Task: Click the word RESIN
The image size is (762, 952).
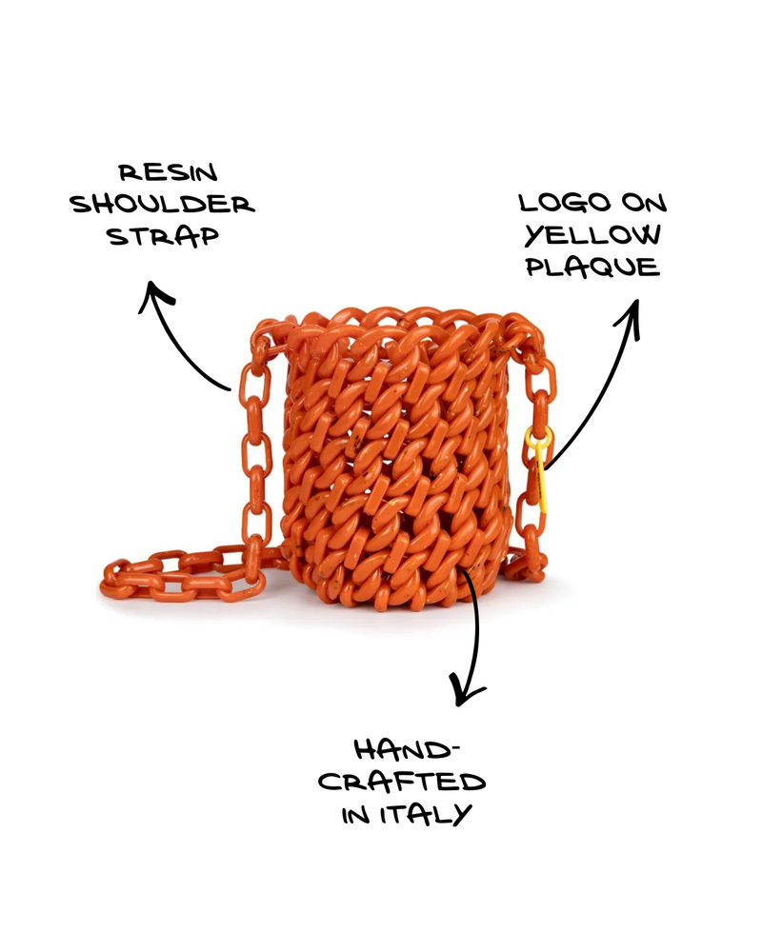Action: coord(168,172)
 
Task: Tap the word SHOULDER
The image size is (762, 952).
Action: coord(162,204)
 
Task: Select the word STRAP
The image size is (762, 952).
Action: coord(163,236)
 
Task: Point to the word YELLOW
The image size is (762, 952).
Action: coord(592,234)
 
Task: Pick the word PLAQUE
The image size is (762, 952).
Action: coord(592,267)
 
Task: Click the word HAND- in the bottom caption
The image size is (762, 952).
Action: coord(404,750)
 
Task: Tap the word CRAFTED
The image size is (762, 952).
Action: coord(402,782)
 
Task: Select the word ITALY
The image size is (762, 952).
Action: coord(426,814)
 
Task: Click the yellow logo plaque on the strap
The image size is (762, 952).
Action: coord(540,466)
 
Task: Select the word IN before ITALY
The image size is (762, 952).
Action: coord(355,815)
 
